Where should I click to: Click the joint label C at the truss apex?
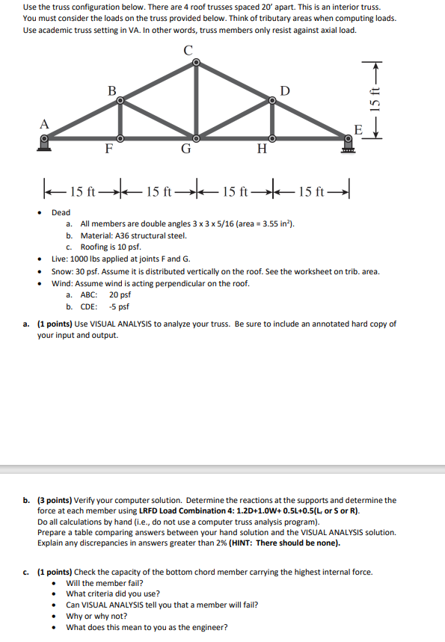pos(188,49)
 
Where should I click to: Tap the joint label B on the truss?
pos(112,90)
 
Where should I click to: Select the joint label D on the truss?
pos(284,90)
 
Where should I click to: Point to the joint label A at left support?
pos(44,123)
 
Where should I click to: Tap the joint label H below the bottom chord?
pos(261,149)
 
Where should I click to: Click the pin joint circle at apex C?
pos(196,63)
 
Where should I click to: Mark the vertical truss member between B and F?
pos(120,120)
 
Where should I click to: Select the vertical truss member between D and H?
pos(272,120)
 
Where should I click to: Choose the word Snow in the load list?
pos(61,271)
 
